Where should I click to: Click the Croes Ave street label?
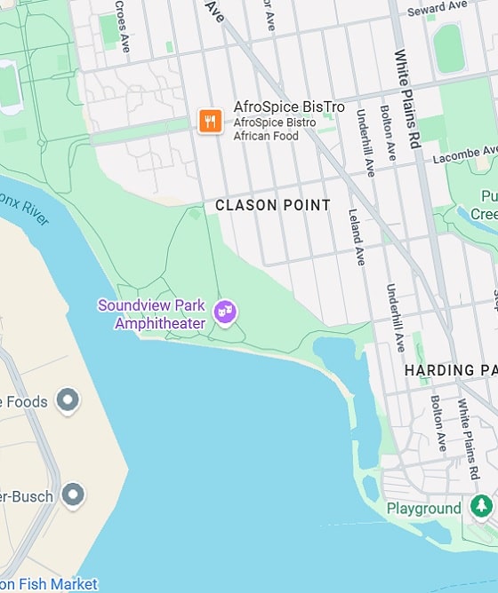tap(121, 26)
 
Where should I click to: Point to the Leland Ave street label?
tap(357, 238)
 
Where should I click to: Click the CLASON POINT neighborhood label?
tap(273, 205)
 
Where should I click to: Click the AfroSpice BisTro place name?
tap(288, 107)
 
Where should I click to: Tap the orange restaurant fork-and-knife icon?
tap(210, 122)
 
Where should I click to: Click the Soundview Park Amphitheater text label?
tap(151, 314)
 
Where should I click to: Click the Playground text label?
tap(423, 509)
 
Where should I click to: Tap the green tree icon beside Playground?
tap(481, 506)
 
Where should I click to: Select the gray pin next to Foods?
tap(68, 400)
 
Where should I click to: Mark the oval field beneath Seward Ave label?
tap(448, 48)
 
